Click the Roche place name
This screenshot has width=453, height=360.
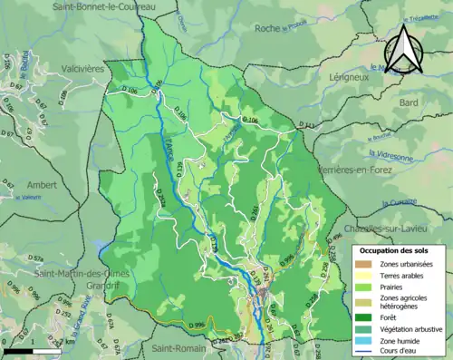pos(268,28)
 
